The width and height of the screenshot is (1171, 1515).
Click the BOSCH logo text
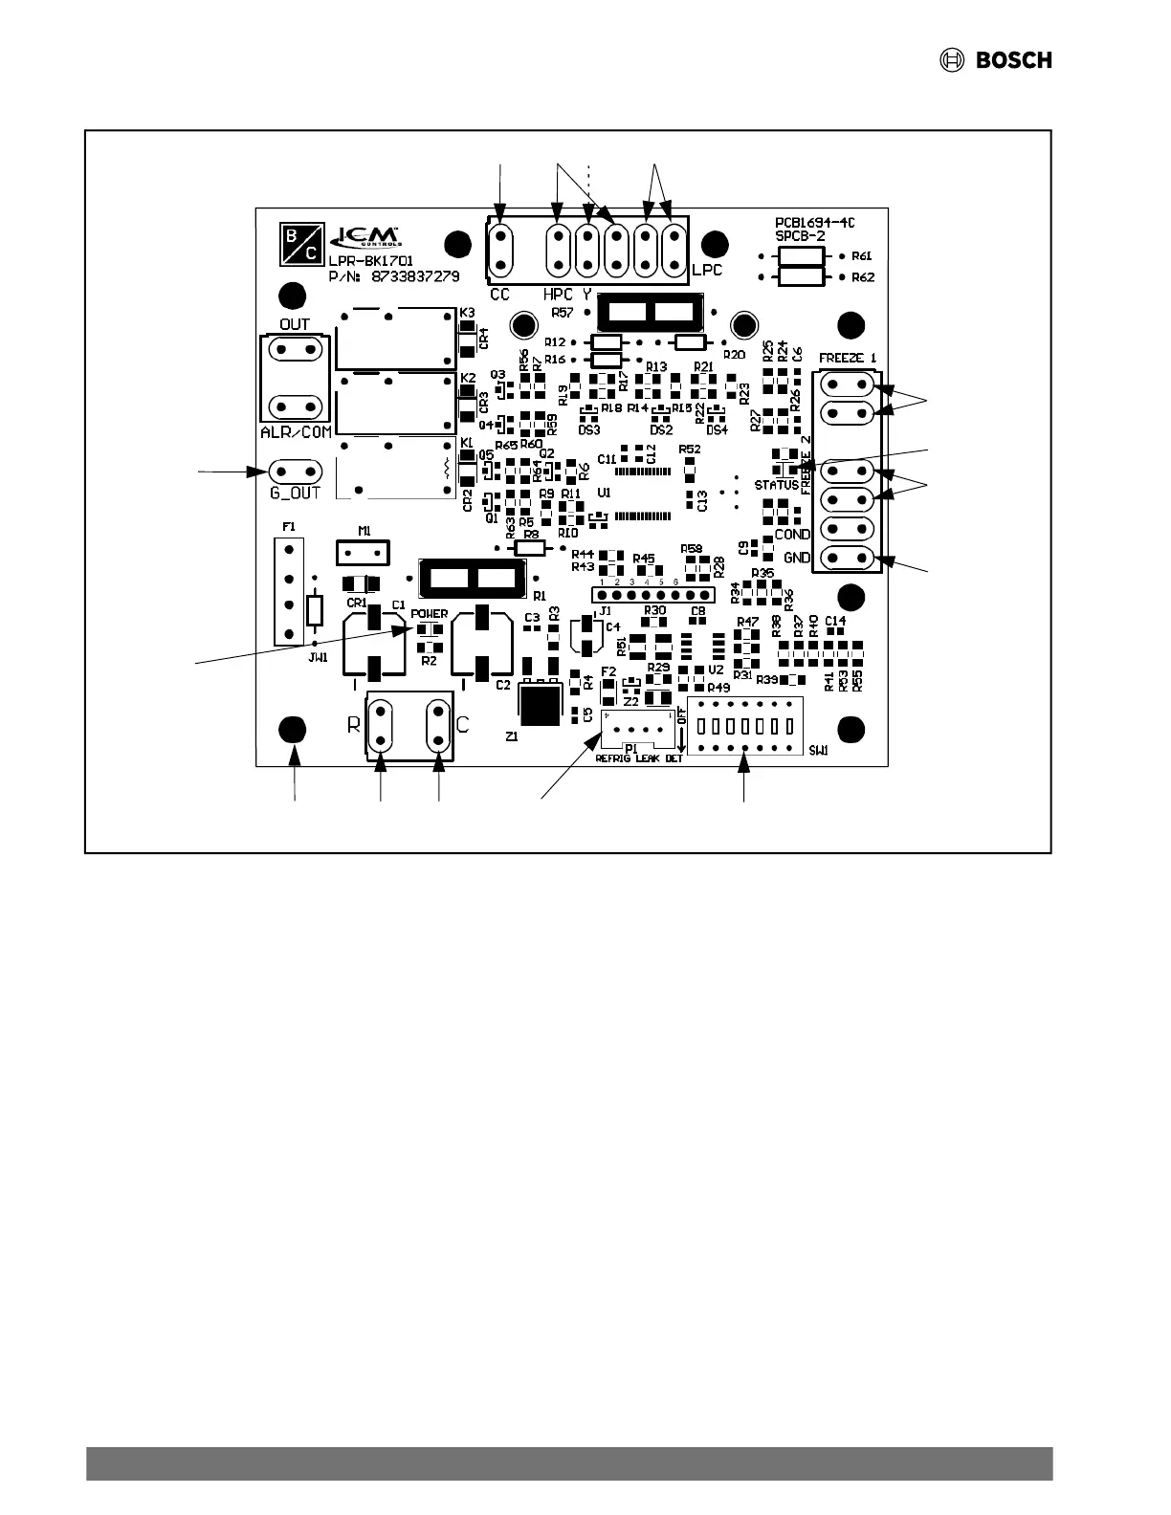1013,60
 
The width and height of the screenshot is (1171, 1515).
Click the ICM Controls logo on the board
365,237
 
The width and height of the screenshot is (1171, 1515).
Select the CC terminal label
500,295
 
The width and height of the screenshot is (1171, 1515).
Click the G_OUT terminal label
295,494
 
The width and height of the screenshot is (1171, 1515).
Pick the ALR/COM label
296,432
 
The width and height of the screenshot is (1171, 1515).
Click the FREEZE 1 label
848,358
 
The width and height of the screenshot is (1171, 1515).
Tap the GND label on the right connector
797,558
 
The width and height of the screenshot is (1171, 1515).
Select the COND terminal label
792,535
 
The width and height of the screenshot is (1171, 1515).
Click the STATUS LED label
776,485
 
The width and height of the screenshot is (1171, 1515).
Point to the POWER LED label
430,614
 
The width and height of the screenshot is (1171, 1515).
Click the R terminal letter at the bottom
354,726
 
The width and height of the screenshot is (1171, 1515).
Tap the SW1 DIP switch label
818,752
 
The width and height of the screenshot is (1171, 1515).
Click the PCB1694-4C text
815,223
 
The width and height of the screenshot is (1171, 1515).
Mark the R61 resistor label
862,256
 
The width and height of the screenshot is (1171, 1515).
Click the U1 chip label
603,491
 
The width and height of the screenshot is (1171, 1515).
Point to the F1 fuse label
288,527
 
